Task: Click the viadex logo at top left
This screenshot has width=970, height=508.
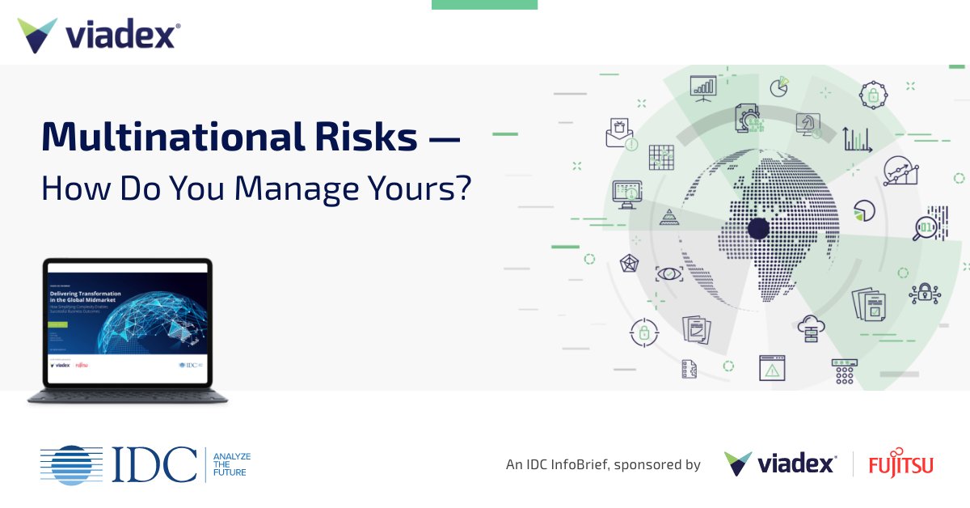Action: tap(98, 36)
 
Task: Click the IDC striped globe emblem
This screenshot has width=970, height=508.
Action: tap(72, 464)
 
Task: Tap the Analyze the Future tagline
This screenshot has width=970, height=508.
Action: tap(231, 464)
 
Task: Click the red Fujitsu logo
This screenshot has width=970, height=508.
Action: tap(900, 464)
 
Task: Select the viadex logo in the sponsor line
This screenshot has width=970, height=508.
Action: tap(779, 464)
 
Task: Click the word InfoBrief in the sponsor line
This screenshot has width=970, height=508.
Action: tap(589, 465)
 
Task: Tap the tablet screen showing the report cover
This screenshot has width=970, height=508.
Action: tap(128, 322)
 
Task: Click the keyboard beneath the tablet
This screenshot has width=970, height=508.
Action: tap(128, 396)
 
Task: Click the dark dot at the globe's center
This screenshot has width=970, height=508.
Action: tap(758, 228)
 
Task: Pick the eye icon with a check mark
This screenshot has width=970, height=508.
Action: tap(669, 273)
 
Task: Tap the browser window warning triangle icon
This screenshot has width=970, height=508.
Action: tap(772, 369)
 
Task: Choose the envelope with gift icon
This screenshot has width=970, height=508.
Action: tap(619, 132)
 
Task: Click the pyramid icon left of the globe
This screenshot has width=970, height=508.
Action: tap(668, 215)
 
